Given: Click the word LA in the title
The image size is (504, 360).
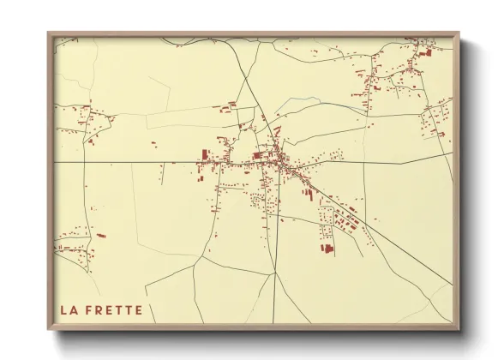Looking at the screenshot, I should [69, 309].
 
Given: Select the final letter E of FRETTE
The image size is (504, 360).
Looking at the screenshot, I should [139, 309].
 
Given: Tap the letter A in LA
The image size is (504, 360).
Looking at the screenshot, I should [74, 309].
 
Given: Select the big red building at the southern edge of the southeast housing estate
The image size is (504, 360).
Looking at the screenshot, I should [326, 249].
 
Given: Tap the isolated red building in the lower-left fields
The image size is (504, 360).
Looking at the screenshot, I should [101, 235].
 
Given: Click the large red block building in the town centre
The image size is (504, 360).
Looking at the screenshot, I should [258, 155].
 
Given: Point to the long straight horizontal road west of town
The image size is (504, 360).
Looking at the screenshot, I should [129, 161].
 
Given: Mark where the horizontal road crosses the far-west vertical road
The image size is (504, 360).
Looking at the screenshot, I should [86, 161].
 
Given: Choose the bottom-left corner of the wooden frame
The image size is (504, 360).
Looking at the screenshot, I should [49, 328].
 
